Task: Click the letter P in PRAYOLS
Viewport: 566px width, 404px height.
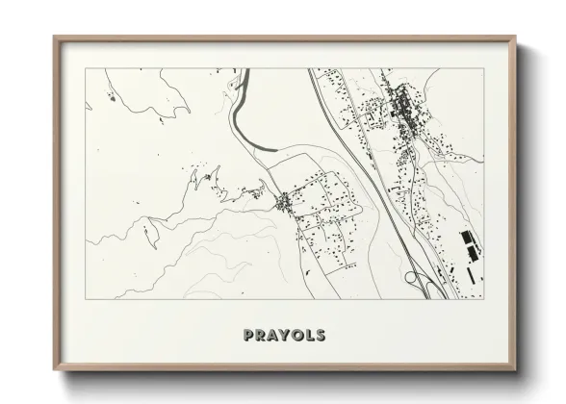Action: (x=248, y=336)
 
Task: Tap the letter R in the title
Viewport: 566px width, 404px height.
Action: (x=261, y=336)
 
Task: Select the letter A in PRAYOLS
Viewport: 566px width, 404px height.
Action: (x=273, y=336)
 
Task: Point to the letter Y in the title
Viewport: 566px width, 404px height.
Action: (x=286, y=336)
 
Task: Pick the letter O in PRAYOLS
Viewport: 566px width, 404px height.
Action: (x=297, y=336)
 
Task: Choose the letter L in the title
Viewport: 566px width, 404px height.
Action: (x=310, y=336)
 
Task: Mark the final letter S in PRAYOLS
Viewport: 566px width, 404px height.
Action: (x=321, y=336)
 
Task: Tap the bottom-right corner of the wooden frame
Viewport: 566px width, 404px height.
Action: (x=515, y=368)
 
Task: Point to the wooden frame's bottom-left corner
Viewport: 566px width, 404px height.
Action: (x=55, y=368)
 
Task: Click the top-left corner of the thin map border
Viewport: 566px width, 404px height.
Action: (x=87, y=69)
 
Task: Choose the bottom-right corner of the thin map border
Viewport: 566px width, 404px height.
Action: (x=483, y=301)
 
